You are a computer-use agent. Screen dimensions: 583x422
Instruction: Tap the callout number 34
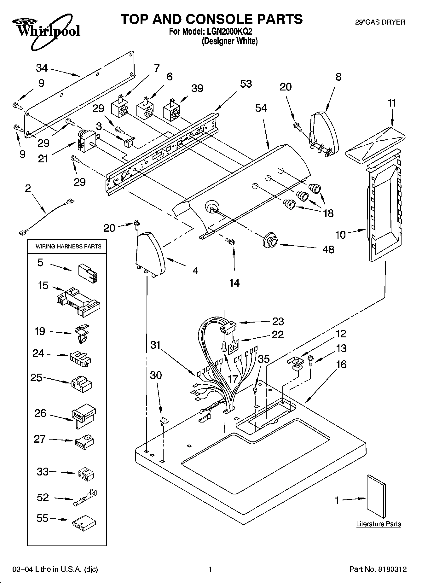click(x=42, y=68)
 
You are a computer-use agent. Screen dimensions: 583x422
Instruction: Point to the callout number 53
click(x=246, y=84)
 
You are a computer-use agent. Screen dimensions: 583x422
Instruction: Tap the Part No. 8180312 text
click(x=378, y=569)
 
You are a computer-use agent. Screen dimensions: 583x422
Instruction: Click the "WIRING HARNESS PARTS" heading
click(x=68, y=246)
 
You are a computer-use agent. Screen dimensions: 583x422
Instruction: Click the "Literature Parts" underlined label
click(x=379, y=524)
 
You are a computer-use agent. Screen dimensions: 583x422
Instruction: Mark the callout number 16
click(x=341, y=364)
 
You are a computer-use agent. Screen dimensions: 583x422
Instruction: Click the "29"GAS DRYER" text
click(x=380, y=22)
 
